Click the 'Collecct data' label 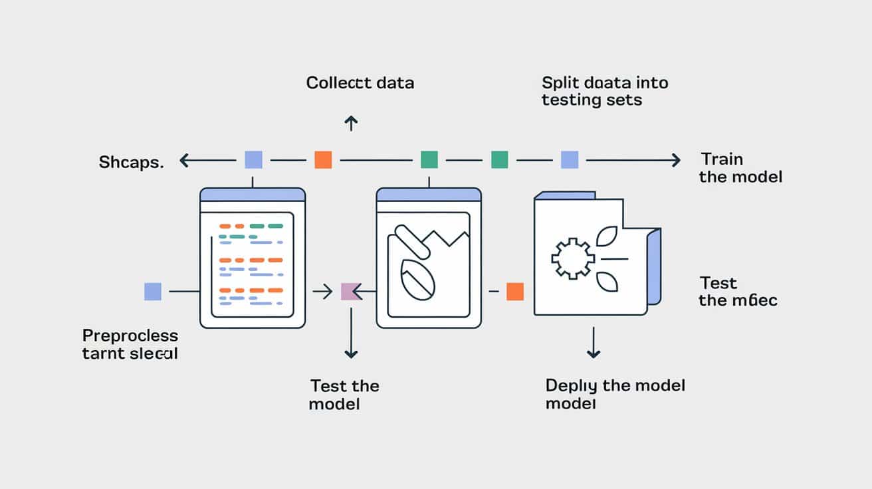point(360,83)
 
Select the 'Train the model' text point(740,168)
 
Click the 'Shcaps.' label point(131,162)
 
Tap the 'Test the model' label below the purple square point(344,395)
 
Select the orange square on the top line point(323,159)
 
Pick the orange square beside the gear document point(515,291)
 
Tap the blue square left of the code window point(153,291)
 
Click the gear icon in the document point(570,258)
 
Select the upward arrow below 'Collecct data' point(351,122)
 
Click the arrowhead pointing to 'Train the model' point(675,159)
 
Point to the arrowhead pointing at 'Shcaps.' point(185,159)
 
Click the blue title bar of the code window point(253,195)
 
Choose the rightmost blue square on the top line point(570,159)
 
